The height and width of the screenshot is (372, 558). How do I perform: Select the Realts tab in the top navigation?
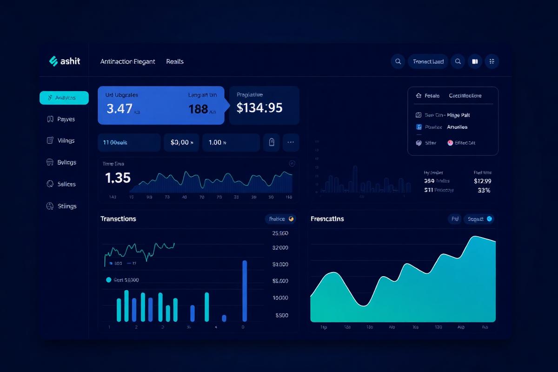pyautogui.click(x=175, y=61)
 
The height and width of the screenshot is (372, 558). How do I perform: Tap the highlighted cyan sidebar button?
pyautogui.click(x=64, y=98)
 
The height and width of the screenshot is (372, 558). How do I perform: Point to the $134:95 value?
pyautogui.click(x=259, y=108)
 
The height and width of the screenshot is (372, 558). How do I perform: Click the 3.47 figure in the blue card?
pyautogui.click(x=120, y=109)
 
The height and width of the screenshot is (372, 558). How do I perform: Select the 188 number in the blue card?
pyautogui.click(x=198, y=109)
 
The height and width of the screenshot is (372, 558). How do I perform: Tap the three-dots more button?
pyautogui.click(x=291, y=142)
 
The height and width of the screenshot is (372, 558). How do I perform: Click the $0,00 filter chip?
pyautogui.click(x=181, y=142)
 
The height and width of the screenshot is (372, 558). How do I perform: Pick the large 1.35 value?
pyautogui.click(x=118, y=178)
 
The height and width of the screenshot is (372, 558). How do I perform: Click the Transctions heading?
pyautogui.click(x=118, y=219)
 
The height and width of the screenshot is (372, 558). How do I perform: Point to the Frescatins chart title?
pyautogui.click(x=327, y=219)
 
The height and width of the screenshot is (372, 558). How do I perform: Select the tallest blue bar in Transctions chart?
pyautogui.click(x=245, y=291)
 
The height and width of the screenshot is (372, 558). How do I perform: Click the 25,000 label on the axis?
pyautogui.click(x=280, y=233)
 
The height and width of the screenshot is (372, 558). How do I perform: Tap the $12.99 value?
pyautogui.click(x=482, y=181)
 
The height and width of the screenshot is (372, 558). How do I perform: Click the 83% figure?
pyautogui.click(x=484, y=190)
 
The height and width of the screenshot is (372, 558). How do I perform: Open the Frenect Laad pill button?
pyautogui.click(x=428, y=61)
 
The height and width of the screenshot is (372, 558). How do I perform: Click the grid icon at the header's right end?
pyautogui.click(x=492, y=61)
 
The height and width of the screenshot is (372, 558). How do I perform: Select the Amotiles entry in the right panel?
pyautogui.click(x=457, y=127)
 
